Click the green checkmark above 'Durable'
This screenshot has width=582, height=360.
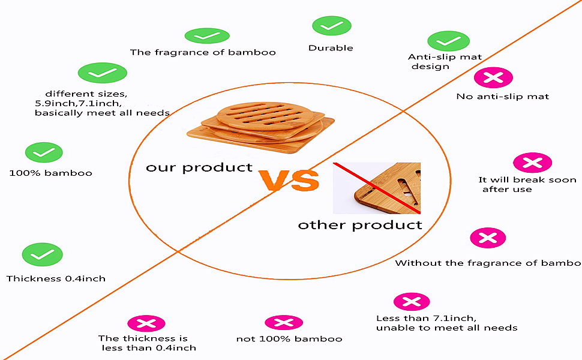[x=331, y=26]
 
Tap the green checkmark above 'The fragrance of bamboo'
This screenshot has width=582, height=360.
[x=207, y=35]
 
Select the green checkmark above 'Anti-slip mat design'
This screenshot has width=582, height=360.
[x=448, y=41]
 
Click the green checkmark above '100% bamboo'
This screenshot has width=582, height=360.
[x=44, y=152]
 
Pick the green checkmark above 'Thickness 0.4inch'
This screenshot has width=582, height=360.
[x=43, y=254]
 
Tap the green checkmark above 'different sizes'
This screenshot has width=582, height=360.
[x=103, y=73]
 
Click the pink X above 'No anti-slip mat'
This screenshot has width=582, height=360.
[x=493, y=77]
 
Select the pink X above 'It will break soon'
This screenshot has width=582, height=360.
[x=532, y=163]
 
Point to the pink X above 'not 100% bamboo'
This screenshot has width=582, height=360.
[x=284, y=323]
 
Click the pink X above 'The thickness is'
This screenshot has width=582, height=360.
[x=146, y=323]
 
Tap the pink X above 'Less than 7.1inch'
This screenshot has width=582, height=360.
[x=412, y=302]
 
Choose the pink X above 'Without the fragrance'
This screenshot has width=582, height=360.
[x=488, y=238]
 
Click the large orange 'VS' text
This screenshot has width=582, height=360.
[x=289, y=181]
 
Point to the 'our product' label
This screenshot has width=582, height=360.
[x=199, y=168]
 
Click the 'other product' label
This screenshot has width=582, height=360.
[x=360, y=225]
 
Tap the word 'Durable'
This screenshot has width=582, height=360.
[x=331, y=48]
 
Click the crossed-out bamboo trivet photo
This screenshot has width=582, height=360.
[x=377, y=188]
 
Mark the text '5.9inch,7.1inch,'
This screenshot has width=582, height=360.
[x=79, y=103]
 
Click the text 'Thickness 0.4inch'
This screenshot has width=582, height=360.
[x=56, y=279]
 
